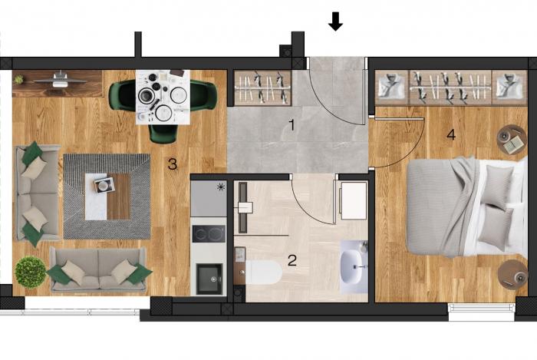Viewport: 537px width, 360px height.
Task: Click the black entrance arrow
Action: [x=336, y=21]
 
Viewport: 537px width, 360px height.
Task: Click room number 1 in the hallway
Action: [x=292, y=125]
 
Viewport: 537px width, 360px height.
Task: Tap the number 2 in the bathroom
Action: [x=292, y=260]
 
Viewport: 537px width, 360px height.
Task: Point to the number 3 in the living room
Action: [x=173, y=164]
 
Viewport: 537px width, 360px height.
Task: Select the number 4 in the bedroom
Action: [x=451, y=134]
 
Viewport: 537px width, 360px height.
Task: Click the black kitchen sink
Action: [x=209, y=279]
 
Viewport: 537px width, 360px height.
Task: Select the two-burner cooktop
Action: [x=209, y=234]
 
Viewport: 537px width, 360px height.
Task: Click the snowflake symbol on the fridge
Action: [x=221, y=187]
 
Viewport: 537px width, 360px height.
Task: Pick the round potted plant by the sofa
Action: [x=31, y=272]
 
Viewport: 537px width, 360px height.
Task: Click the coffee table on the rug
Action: [x=107, y=197]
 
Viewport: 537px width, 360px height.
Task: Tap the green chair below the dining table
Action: [x=163, y=134]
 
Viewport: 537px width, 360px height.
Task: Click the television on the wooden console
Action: [x=60, y=81]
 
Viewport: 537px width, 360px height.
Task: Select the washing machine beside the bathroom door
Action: [x=354, y=200]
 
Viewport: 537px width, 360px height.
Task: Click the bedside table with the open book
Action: [x=512, y=140]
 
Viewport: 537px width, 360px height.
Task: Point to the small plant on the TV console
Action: [x=19, y=80]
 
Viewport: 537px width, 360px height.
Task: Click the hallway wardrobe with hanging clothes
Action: [x=262, y=88]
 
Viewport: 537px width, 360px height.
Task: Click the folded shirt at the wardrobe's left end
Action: [x=392, y=88]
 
